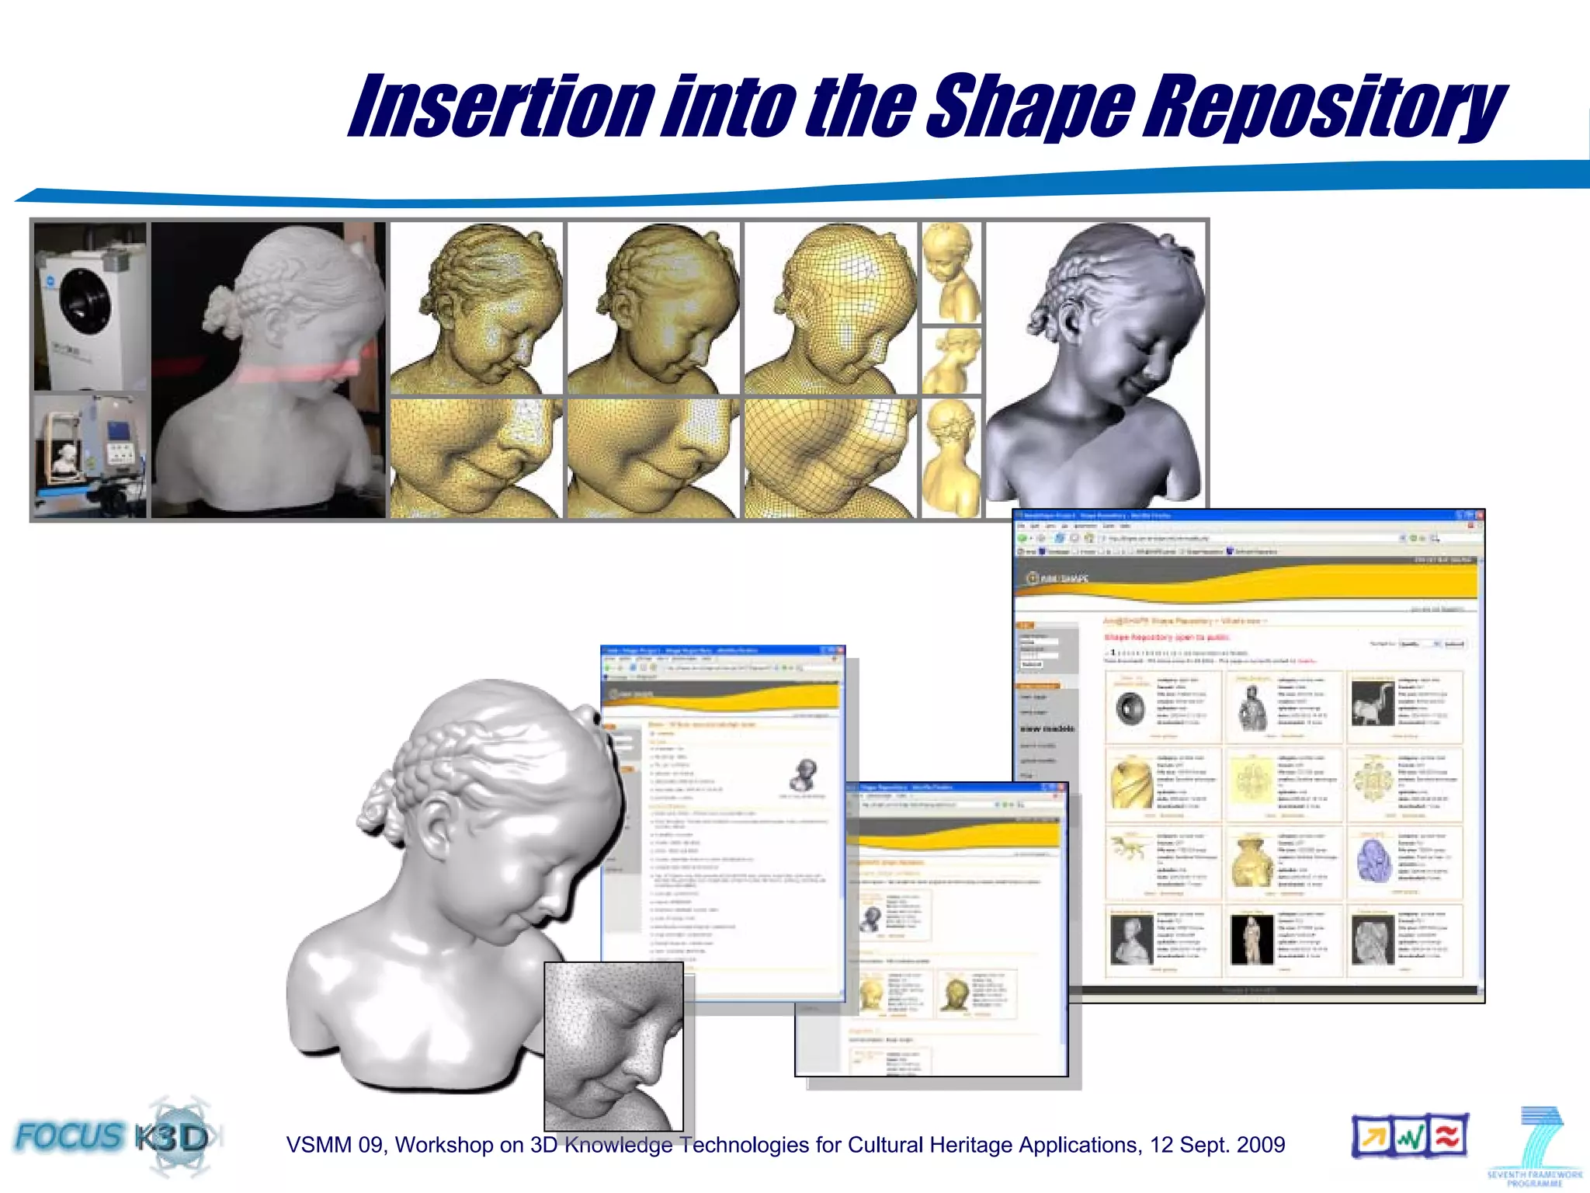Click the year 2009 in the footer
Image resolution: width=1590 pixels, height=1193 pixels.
click(1261, 1145)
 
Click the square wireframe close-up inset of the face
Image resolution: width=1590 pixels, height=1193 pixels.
click(613, 1045)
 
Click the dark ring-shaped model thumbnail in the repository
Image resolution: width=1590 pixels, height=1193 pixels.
click(1130, 708)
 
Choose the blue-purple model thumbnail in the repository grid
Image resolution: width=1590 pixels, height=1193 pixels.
click(1372, 860)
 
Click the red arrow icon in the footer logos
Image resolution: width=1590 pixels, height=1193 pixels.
click(1373, 1137)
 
